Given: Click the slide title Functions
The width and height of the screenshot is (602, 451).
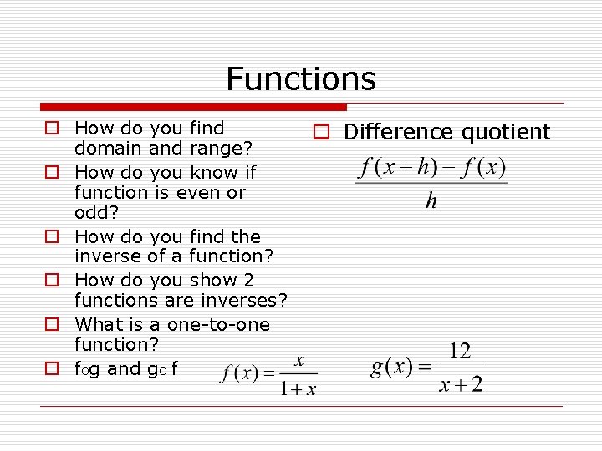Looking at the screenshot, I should click(301, 79).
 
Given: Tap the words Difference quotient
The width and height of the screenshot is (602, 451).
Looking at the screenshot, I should click(447, 132).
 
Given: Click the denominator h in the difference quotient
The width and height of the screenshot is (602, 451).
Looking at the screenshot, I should click(431, 201).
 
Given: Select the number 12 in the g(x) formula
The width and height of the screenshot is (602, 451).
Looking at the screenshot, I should click(460, 351).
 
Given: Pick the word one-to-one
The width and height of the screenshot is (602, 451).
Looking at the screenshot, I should click(218, 323).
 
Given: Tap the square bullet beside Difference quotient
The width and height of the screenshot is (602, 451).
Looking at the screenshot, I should click(319, 131).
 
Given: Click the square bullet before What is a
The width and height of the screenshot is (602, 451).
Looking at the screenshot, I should click(51, 323).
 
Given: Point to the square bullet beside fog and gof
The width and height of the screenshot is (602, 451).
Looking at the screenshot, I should click(51, 367).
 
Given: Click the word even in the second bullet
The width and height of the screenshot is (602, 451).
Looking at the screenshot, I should click(194, 193).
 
